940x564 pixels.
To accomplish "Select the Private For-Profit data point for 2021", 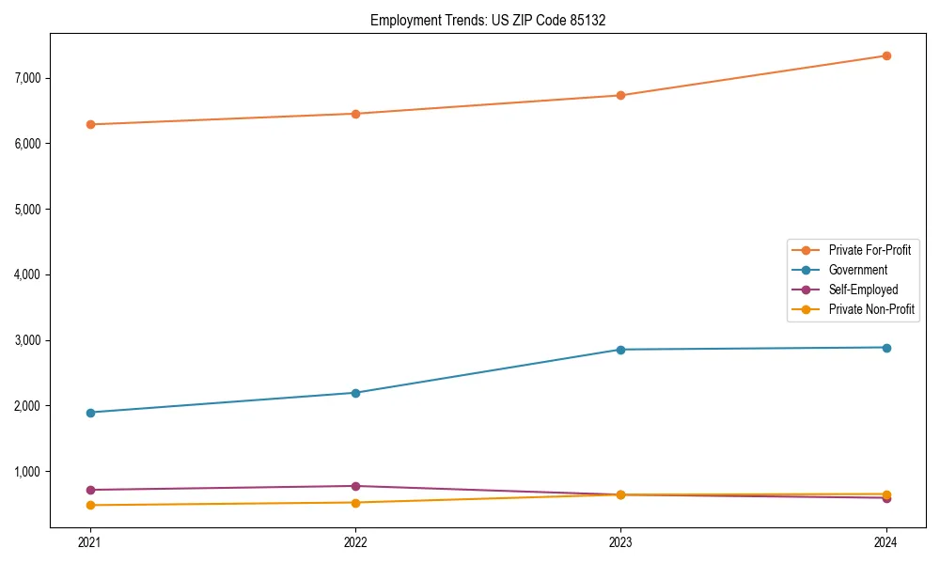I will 90,124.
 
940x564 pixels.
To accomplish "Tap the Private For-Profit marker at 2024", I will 886,55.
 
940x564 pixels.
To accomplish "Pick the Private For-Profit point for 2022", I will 355,114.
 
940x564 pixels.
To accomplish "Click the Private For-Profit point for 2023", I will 620,95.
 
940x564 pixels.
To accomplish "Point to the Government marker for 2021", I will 90,413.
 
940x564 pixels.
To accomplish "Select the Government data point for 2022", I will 355,393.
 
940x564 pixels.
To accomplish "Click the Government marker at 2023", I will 620,350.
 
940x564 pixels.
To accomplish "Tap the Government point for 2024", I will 886,348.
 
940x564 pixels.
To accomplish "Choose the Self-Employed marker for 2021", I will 90,490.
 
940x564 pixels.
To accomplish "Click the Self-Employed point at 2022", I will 355,486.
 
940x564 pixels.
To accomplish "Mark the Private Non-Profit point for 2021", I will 90,506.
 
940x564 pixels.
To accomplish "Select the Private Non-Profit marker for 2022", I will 355,503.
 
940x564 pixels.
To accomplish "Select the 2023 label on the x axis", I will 620,541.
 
